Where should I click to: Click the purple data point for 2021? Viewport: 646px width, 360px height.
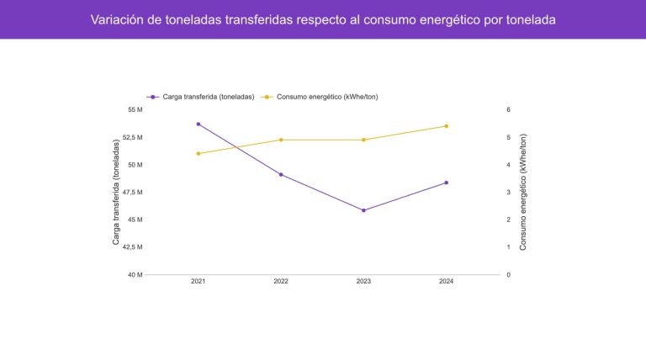point(199,124)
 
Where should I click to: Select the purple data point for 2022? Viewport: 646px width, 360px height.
point(281,174)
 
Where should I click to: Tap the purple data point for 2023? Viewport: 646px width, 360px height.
point(363,210)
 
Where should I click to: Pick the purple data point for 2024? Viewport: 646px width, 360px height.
point(447,183)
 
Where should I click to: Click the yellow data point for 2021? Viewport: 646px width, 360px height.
point(199,153)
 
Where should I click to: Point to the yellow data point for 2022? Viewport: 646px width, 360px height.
point(281,140)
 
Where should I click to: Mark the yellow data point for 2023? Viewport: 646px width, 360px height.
point(363,140)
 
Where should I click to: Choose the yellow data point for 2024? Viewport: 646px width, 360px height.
point(447,126)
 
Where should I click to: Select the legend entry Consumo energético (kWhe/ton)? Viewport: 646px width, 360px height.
point(326,97)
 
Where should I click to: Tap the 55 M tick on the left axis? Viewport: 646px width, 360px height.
point(135,109)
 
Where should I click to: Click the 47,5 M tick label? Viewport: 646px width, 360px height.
point(134,192)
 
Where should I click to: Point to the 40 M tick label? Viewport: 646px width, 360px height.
point(135,275)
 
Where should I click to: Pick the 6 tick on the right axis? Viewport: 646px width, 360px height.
point(508,109)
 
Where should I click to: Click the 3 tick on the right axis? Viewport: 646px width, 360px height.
point(508,192)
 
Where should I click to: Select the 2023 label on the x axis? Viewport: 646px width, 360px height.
point(363,281)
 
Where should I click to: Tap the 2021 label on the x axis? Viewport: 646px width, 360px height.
point(199,281)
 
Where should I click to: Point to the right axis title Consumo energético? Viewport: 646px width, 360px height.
point(523,192)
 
